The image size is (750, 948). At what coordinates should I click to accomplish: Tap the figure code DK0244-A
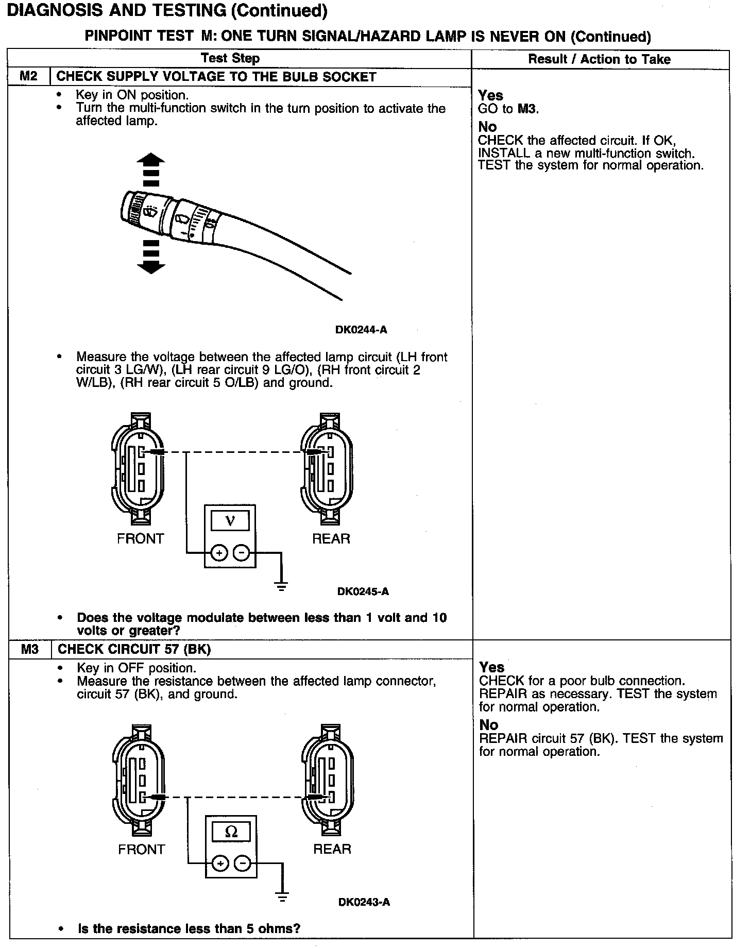pyautogui.click(x=361, y=330)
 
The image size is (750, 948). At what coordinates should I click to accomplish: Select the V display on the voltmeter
pyautogui.click(x=230, y=521)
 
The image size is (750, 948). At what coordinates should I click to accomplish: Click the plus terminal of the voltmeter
pyautogui.click(x=219, y=553)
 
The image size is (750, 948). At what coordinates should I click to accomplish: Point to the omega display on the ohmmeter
pyautogui.click(x=231, y=832)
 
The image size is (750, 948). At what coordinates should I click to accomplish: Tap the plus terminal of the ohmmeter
pyautogui.click(x=220, y=864)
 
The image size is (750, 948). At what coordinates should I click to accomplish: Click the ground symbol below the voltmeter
pyautogui.click(x=281, y=586)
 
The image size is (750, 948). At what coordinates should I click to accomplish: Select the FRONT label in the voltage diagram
pyautogui.click(x=140, y=539)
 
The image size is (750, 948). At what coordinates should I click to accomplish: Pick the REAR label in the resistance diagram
pyautogui.click(x=332, y=849)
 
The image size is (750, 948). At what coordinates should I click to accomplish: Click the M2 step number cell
pyautogui.click(x=29, y=77)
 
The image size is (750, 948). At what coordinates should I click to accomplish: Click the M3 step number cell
pyautogui.click(x=30, y=649)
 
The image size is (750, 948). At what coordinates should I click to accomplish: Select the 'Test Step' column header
pyautogui.click(x=230, y=58)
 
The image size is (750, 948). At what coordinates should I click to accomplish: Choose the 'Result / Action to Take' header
pyautogui.click(x=600, y=59)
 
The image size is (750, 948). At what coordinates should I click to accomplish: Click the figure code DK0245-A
pyautogui.click(x=363, y=591)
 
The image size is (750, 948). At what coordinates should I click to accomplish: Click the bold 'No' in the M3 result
pyautogui.click(x=488, y=724)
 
